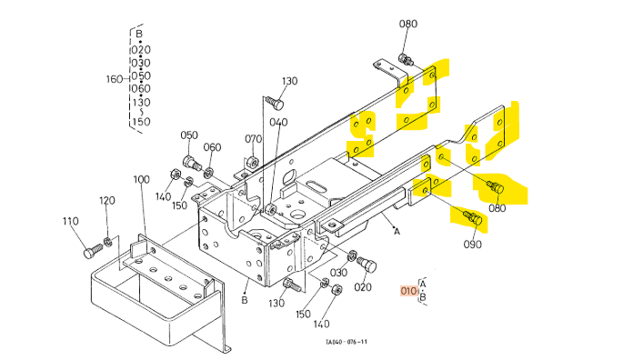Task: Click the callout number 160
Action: [x=115, y=79]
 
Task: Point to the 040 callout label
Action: [x=278, y=123]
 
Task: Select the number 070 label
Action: [x=253, y=139]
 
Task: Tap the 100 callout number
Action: [x=141, y=180]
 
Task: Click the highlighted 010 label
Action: [x=408, y=291]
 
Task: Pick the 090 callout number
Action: [x=472, y=245]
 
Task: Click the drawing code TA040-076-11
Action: [x=347, y=342]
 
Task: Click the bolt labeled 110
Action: [x=93, y=250]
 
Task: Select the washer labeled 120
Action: [x=108, y=242]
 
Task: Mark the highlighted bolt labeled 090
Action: [x=472, y=217]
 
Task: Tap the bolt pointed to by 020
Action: [x=367, y=265]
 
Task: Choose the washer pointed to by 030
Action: [x=352, y=255]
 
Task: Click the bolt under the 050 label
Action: [x=192, y=163]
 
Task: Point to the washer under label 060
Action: [x=208, y=173]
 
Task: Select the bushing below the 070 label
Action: [x=253, y=163]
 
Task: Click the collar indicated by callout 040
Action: [x=270, y=209]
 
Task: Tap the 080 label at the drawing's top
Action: [x=408, y=24]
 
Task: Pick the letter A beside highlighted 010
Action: [x=423, y=285]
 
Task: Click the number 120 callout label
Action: [x=107, y=201]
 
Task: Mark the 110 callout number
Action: [x=70, y=221]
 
